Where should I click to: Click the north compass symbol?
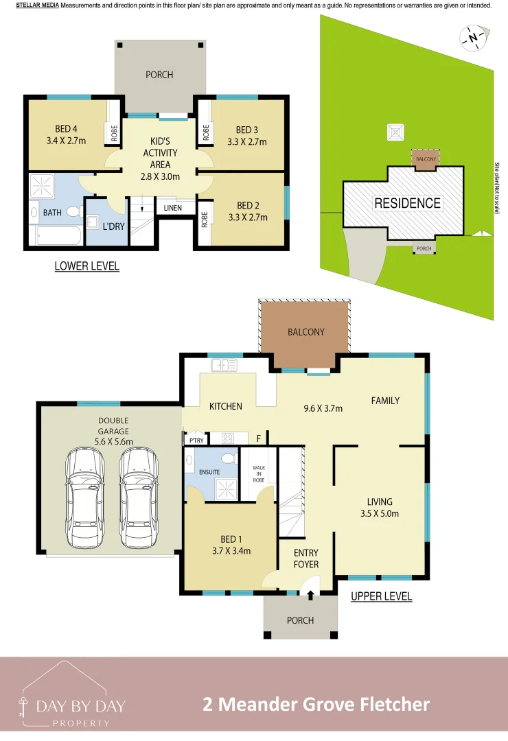coord(474,38)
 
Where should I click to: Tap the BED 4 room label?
coord(66,128)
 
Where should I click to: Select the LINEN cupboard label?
coord(172,208)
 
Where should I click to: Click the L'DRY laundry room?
coord(107,222)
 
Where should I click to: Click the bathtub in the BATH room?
coord(57,235)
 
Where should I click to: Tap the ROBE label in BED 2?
coord(205,220)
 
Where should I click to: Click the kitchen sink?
coord(224,365)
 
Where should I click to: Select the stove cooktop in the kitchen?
coord(228,438)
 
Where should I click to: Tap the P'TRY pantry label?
coord(196,440)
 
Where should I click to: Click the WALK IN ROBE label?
coord(259,474)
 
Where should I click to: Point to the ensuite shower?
coord(227,489)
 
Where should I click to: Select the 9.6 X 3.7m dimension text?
coord(323,408)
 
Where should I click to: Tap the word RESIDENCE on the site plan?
coord(407,203)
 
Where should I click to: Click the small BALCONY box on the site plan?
coord(426,158)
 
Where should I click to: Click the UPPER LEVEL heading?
coord(381,596)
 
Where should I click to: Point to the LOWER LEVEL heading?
coord(87,266)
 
